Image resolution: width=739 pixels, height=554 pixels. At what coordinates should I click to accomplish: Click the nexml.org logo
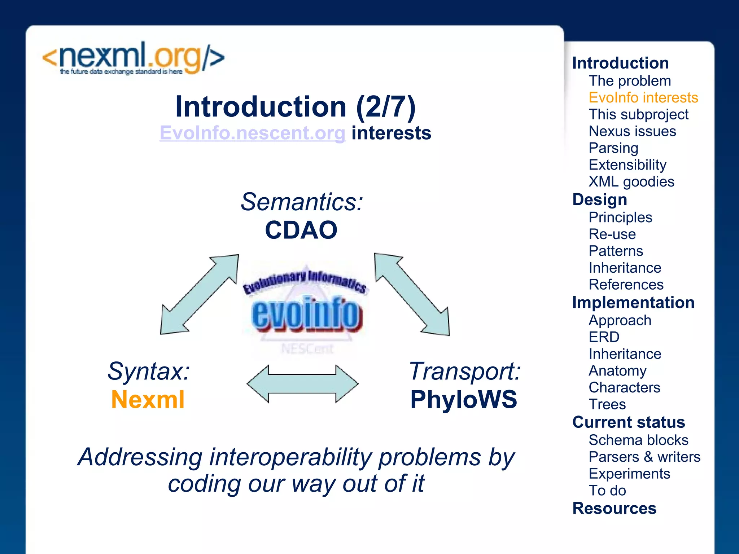tap(134, 58)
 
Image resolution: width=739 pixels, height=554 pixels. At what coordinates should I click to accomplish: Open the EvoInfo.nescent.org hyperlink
tap(253, 133)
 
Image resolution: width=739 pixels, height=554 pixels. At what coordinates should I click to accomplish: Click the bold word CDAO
tap(301, 230)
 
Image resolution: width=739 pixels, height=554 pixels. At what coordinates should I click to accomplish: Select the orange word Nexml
tap(148, 400)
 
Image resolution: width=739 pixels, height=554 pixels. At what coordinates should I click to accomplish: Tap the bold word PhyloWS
tap(464, 400)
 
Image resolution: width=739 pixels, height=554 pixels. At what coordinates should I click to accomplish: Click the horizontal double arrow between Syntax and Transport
tap(302, 384)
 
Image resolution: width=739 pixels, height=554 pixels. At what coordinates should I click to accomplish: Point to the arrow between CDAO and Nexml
tap(200, 294)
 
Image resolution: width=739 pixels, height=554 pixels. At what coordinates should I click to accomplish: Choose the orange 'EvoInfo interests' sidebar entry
tap(643, 98)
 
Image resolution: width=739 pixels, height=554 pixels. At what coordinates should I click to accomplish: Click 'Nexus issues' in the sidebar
tap(632, 131)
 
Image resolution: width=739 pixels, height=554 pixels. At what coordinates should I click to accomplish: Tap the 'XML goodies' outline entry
tap(631, 182)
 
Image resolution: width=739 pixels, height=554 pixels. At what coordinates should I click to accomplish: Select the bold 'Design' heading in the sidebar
tap(600, 199)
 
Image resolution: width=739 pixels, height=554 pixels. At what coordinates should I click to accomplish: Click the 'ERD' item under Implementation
tap(604, 337)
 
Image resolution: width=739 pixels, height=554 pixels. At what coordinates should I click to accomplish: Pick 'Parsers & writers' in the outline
tap(644, 457)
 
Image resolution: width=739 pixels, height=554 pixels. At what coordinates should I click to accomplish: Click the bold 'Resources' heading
tap(614, 509)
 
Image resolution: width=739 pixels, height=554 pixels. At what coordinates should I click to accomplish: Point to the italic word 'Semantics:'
tap(302, 202)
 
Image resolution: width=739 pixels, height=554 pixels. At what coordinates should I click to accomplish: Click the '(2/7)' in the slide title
tap(386, 107)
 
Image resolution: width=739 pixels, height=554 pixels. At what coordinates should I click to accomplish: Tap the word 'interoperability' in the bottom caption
tap(290, 457)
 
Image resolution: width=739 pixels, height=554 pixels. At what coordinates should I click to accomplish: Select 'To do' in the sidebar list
tap(607, 491)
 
